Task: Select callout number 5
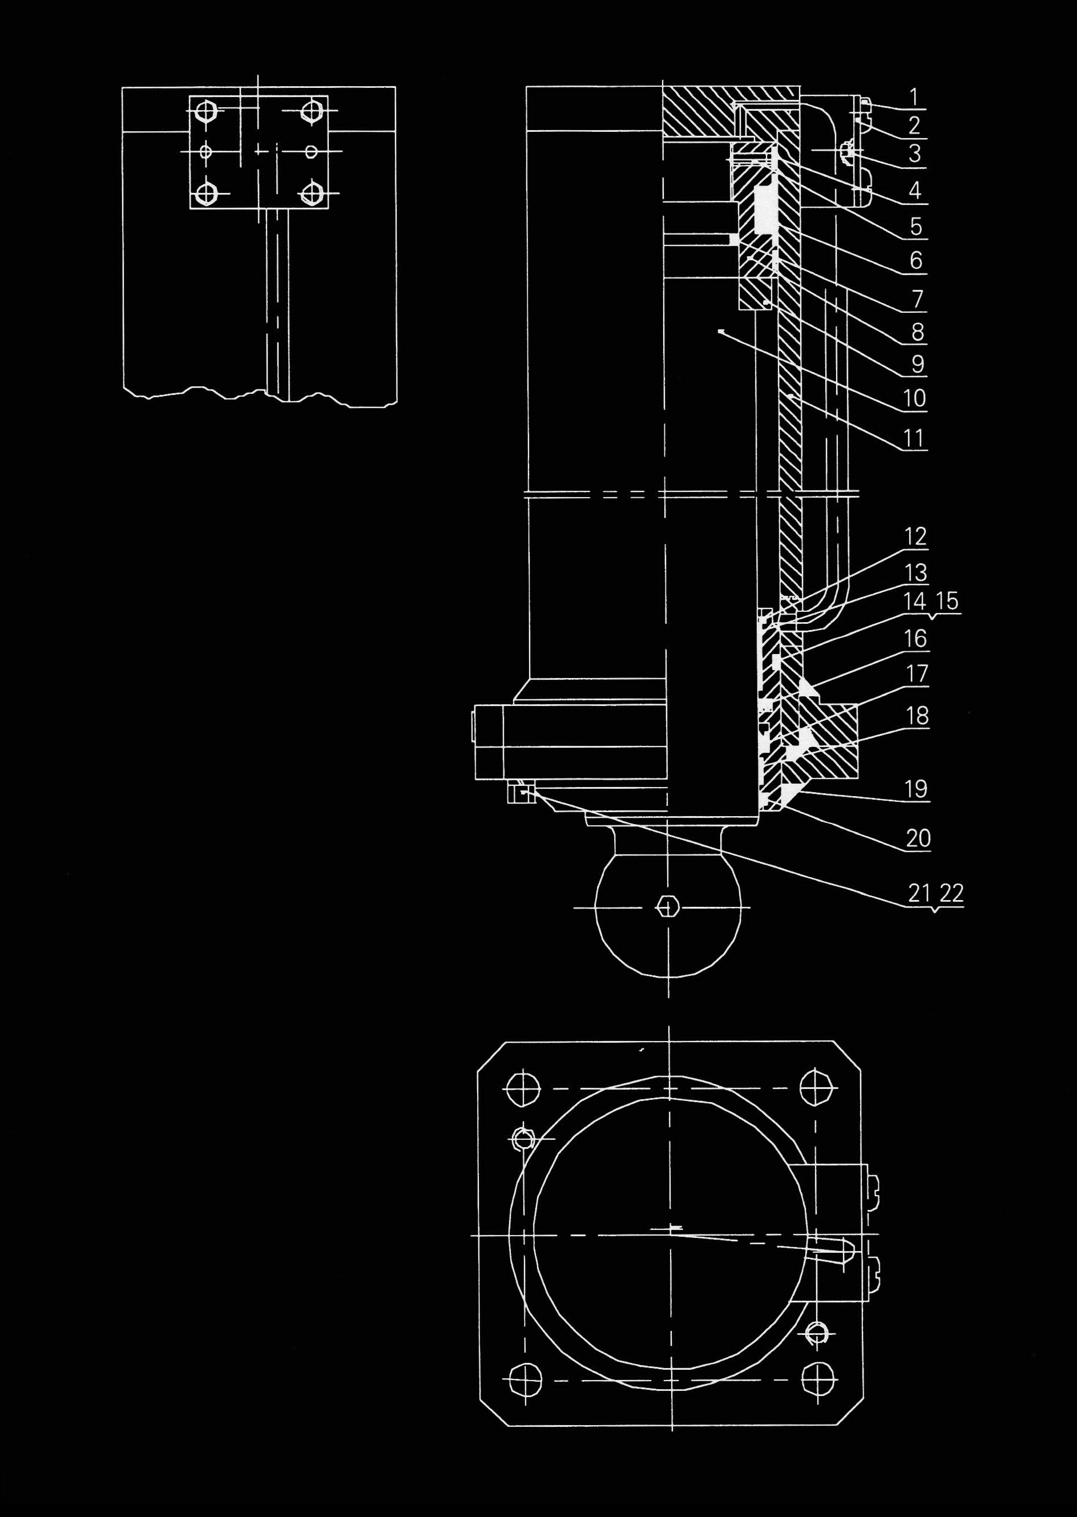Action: (916, 227)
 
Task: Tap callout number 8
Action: (917, 331)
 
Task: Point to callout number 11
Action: (914, 438)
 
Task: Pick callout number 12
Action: (916, 536)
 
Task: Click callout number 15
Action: (949, 602)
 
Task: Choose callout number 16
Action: (916, 639)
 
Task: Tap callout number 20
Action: (918, 839)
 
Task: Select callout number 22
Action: (951, 894)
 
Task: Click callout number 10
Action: (914, 398)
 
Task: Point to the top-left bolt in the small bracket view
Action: (208, 111)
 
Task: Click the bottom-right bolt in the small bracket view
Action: (311, 193)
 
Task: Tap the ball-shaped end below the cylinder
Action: (669, 928)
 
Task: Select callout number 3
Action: (914, 154)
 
